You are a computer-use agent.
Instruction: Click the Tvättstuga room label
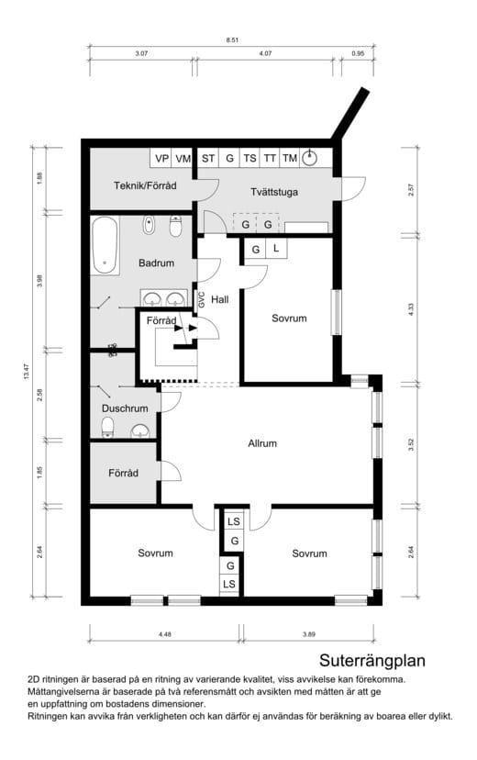[x=274, y=192]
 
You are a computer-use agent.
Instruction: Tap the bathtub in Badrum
[x=105, y=245]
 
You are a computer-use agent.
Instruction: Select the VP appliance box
[x=162, y=158]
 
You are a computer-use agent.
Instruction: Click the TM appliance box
[x=290, y=158]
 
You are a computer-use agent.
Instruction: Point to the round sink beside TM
[x=309, y=158]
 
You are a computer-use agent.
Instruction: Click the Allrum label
[x=262, y=443]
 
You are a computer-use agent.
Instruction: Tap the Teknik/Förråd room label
[x=145, y=185]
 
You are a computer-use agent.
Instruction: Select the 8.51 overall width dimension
[x=232, y=40]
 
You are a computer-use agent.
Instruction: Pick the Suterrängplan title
[x=372, y=661]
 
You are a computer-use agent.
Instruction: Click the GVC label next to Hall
[x=202, y=299]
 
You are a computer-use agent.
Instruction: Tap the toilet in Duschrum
[x=107, y=427]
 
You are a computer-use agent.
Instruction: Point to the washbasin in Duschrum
[x=140, y=430]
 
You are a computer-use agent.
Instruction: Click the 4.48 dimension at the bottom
[x=165, y=634]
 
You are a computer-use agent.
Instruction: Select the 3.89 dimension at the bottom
[x=309, y=634]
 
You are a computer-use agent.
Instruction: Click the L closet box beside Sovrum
[x=276, y=249]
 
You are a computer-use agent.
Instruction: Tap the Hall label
[x=220, y=299]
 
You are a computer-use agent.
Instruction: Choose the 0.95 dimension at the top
[x=358, y=54]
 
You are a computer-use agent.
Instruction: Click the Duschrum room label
[x=125, y=408]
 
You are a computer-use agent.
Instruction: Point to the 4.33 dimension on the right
[x=411, y=308]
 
